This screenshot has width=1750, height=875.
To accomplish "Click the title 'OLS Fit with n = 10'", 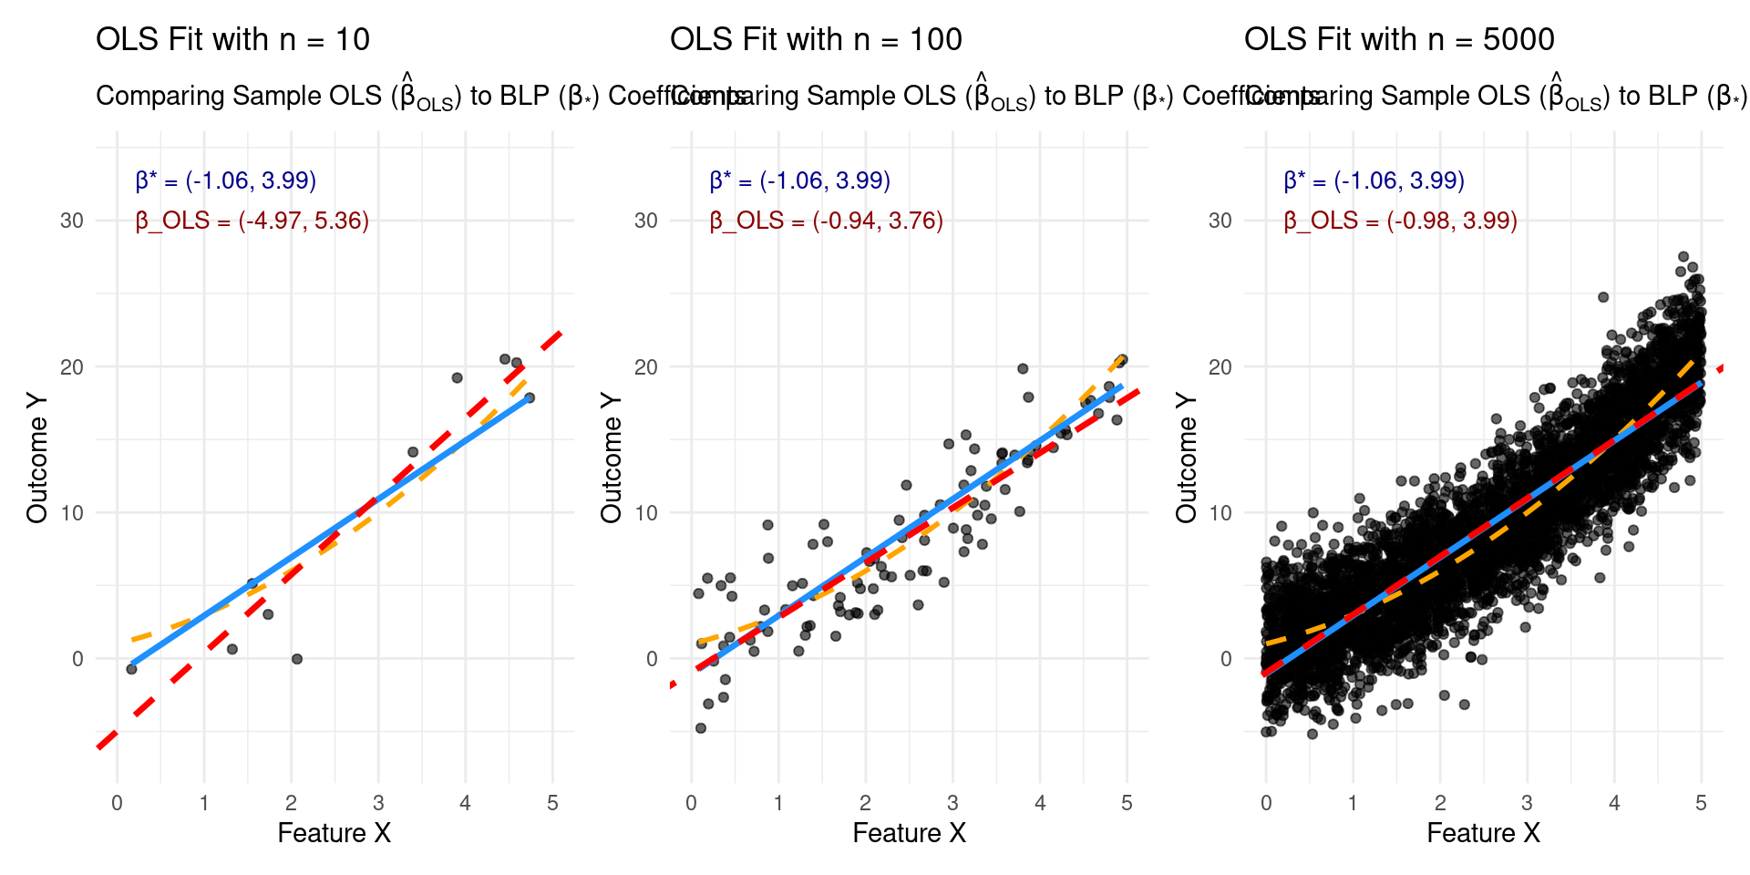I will pos(232,40).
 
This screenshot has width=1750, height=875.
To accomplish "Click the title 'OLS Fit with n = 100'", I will pos(816,40).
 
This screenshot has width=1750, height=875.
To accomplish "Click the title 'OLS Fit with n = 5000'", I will pos(1399,40).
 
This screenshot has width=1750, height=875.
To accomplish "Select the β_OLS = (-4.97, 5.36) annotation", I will pos(252,221).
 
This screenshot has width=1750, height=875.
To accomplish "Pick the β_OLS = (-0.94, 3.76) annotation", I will pos(827,221).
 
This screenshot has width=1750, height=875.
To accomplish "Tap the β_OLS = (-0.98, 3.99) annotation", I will pos(1401,221).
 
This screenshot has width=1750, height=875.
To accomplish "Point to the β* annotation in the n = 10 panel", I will pos(226,180).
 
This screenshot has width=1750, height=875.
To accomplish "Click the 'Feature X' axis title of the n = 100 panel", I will pos(909,833).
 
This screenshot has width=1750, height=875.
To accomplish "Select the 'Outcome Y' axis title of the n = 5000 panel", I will pos(1186,458).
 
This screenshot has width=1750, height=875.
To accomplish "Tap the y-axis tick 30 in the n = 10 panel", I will pos(72,221).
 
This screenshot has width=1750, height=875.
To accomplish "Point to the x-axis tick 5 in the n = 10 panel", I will pos(552,803).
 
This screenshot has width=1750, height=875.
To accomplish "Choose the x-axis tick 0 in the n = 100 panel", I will pos(692,803).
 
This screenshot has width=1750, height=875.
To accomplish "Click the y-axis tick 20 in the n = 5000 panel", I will pos(1220,367).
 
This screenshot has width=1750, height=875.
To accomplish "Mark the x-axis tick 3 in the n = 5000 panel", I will pos(1527,803).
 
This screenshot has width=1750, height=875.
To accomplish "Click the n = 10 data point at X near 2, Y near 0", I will pos(296,659).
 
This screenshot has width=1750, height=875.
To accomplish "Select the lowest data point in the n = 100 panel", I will pos(701,728).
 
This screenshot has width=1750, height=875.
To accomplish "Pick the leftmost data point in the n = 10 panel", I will pos(131,669).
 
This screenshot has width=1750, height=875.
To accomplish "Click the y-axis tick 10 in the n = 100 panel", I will pos(646,513).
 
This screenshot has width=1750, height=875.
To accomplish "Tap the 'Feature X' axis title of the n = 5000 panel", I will pos(1483,833).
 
